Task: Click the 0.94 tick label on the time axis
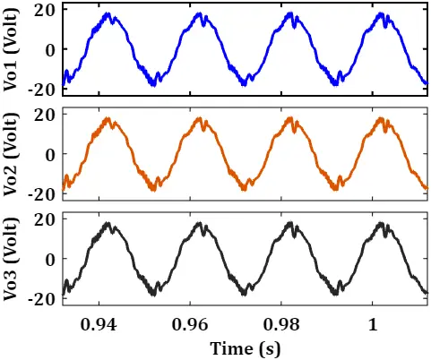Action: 99,325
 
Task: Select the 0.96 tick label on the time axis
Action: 190,325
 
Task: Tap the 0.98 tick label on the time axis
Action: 281,325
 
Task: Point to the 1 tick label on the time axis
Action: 373,325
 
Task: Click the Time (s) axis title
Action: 246,348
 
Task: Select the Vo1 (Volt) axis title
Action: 11,49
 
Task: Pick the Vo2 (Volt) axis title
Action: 11,154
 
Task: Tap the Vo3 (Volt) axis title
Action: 11,259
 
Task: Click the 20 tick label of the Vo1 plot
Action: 46,12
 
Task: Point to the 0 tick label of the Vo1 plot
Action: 51,50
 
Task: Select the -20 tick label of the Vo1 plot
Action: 42,89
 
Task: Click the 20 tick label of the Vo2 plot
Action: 46,116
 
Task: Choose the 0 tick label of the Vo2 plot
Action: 51,155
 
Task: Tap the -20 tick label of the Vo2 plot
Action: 42,193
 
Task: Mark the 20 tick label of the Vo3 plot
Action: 46,220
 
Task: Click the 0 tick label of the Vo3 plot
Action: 51,260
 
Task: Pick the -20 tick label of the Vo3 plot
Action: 42,298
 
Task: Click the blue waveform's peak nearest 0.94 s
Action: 108,13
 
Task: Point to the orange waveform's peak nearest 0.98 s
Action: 289,118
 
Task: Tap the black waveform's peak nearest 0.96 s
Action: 199,223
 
